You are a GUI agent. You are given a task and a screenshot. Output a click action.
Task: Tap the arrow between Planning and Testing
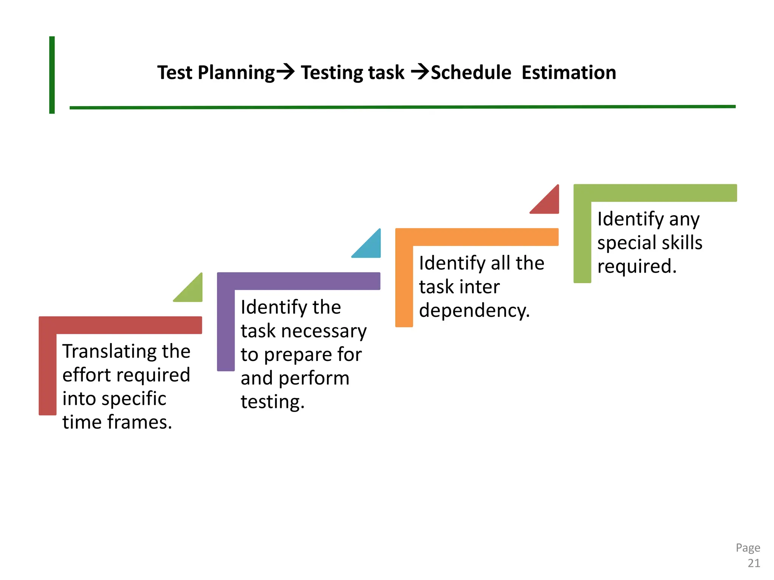coord(286,71)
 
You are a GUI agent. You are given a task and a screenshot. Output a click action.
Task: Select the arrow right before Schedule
coord(420,71)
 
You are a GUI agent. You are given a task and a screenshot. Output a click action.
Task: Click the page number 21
coord(754,563)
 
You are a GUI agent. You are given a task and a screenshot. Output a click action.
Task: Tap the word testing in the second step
coord(272,402)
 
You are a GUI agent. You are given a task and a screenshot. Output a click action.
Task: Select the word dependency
coord(474,311)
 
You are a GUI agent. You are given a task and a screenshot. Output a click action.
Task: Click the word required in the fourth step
coord(636,266)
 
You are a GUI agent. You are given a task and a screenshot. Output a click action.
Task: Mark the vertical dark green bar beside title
coord(52,75)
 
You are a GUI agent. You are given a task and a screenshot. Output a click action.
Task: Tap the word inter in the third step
coord(484,287)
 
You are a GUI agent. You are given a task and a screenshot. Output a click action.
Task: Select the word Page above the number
coord(748,548)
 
